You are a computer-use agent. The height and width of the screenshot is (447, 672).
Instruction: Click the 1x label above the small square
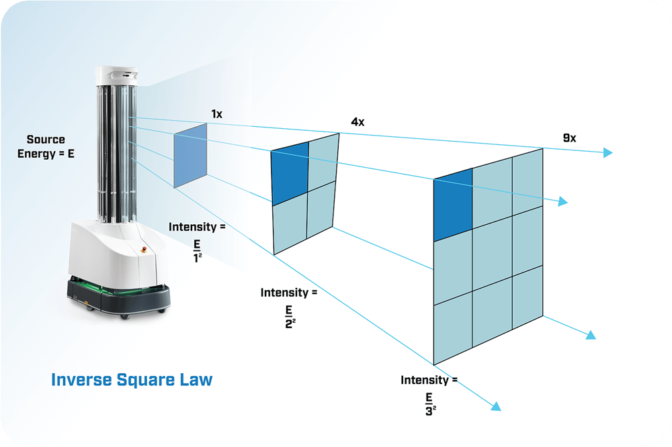[x=217, y=114]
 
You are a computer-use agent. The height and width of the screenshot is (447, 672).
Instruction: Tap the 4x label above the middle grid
[x=358, y=122]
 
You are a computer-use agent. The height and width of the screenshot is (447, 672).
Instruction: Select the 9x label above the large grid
[x=570, y=138]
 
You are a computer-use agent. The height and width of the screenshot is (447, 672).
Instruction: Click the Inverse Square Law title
[x=132, y=380]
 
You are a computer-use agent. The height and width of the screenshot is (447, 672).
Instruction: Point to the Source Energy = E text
[x=46, y=146]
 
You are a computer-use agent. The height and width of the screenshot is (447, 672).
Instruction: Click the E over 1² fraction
[x=197, y=251]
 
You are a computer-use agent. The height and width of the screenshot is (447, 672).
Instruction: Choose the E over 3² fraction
[x=430, y=405]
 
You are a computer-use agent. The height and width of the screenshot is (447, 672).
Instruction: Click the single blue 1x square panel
[x=190, y=156]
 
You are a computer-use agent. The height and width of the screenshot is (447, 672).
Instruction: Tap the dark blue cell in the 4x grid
[x=290, y=173]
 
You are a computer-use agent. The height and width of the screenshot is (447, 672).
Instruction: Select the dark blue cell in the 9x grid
[x=453, y=205]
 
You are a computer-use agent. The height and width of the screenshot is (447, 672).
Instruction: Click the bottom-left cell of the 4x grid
[x=290, y=226]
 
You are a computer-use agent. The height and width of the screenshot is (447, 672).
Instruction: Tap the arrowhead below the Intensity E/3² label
[x=496, y=406]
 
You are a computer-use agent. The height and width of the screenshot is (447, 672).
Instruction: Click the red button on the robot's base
[x=144, y=249]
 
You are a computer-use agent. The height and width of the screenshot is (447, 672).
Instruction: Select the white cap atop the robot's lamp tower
[x=116, y=75]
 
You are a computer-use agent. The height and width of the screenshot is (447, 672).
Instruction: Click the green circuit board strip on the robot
[x=116, y=286]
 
